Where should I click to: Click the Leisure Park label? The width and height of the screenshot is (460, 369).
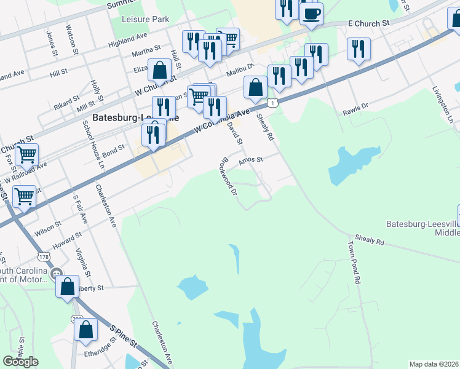point(145,20)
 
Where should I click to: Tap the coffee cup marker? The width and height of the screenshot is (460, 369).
point(311,13)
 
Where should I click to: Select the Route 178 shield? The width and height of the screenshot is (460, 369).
point(43,255)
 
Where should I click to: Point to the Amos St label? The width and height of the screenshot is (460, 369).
point(250,159)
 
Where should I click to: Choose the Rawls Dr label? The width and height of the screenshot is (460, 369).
point(355,110)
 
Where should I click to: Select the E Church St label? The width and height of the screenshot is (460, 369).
point(368,23)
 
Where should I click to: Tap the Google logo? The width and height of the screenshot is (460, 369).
point(20,362)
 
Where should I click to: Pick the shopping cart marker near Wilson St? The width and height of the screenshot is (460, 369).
point(24,197)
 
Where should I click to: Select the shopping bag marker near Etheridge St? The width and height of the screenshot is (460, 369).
point(85,329)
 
